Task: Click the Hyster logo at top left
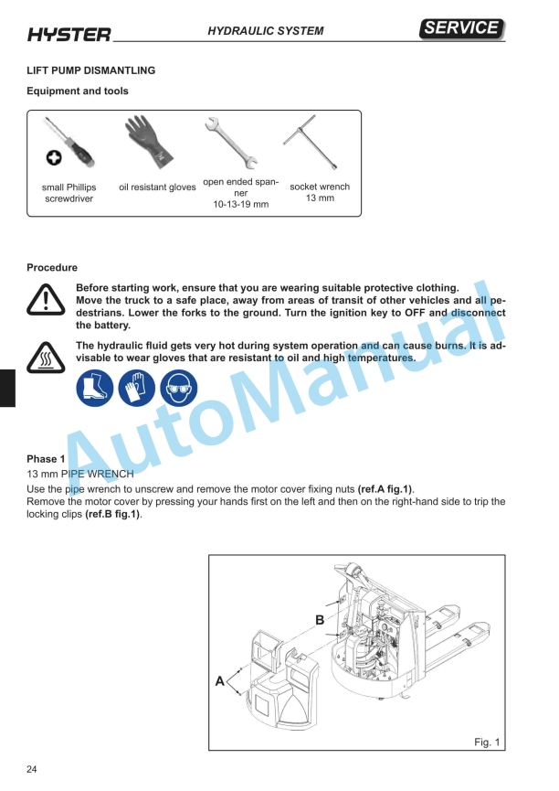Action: point(69,35)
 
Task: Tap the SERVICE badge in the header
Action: point(463,28)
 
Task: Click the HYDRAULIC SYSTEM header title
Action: point(265,31)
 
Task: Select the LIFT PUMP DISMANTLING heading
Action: point(90,70)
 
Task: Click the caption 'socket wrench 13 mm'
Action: point(320,192)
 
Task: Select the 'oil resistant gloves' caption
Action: point(157,187)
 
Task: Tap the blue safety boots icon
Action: point(93,390)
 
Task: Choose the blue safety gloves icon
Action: point(136,390)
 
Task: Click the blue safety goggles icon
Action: point(179,390)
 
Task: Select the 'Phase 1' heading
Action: point(46,458)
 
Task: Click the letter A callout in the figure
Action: point(219,681)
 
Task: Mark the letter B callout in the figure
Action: point(320,620)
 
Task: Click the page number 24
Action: point(32,768)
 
